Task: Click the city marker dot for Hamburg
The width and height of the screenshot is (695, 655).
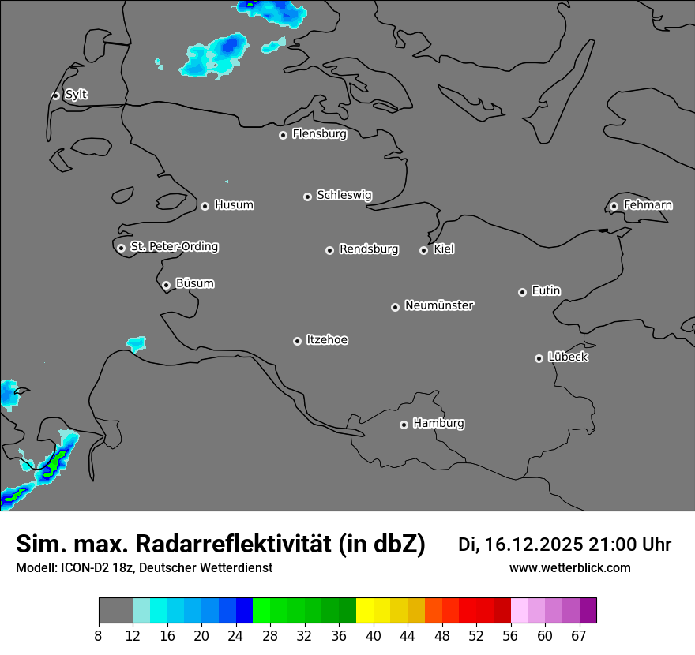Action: [x=404, y=425]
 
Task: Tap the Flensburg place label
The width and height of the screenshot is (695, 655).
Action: [x=319, y=134]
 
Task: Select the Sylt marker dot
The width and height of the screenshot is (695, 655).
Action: [x=55, y=95]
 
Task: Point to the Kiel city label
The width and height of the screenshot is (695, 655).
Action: [x=444, y=249]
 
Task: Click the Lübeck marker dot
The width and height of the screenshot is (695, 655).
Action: [x=539, y=358]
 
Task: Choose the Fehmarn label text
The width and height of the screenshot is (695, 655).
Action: [x=648, y=205]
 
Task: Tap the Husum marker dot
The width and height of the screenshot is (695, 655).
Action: [x=205, y=206]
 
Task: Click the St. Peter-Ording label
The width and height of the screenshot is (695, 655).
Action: [x=174, y=247]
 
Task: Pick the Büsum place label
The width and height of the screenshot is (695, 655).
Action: [x=194, y=283]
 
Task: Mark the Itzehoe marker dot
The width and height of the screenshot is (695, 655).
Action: [x=297, y=341]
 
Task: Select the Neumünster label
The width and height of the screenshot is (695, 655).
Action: [x=439, y=305]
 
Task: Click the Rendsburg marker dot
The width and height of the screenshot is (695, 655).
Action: [x=329, y=250]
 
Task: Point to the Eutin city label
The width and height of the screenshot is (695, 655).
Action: [x=546, y=291]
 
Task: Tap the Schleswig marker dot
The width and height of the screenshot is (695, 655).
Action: [x=307, y=196]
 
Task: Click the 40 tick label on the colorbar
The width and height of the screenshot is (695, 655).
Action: [x=374, y=636]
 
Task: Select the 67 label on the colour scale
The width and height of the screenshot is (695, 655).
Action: [x=579, y=636]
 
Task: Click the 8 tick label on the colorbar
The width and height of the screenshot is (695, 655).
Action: [x=99, y=636]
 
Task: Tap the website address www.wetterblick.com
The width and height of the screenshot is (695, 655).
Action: [x=569, y=568]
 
